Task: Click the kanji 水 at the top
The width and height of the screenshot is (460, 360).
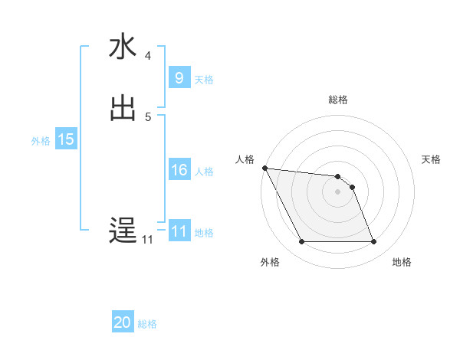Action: (123, 47)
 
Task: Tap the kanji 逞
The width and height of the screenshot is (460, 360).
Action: (123, 231)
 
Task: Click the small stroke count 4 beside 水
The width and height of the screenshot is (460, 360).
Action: (148, 56)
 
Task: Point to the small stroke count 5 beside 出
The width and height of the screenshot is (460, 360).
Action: (148, 117)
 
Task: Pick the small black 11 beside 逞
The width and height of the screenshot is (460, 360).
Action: (147, 240)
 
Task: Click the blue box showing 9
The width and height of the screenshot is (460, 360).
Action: (179, 78)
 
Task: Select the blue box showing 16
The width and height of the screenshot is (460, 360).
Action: (179, 170)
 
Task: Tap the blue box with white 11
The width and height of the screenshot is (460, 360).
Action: (179, 231)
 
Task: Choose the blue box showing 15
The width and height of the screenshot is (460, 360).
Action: (65, 139)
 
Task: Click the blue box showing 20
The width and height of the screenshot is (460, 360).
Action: (123, 322)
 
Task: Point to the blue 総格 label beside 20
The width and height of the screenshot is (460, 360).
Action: (147, 324)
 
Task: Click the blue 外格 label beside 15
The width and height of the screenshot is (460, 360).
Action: (41, 141)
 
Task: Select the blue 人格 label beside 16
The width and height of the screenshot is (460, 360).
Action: (204, 172)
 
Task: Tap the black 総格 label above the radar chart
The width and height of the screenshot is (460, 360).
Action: (337, 100)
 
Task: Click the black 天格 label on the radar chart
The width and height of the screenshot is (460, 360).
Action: (431, 159)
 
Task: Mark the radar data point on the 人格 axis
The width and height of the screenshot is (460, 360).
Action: (264, 168)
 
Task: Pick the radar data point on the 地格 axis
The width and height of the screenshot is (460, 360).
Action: (373, 242)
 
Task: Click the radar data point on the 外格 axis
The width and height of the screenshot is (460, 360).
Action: (301, 242)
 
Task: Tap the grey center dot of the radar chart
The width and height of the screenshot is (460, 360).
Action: (337, 191)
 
